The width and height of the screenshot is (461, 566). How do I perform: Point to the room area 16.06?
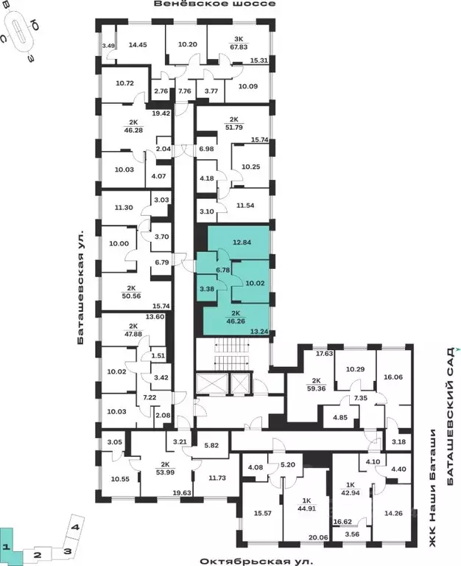(x=394, y=376)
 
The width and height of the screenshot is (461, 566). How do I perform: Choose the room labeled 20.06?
(x=318, y=538)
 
